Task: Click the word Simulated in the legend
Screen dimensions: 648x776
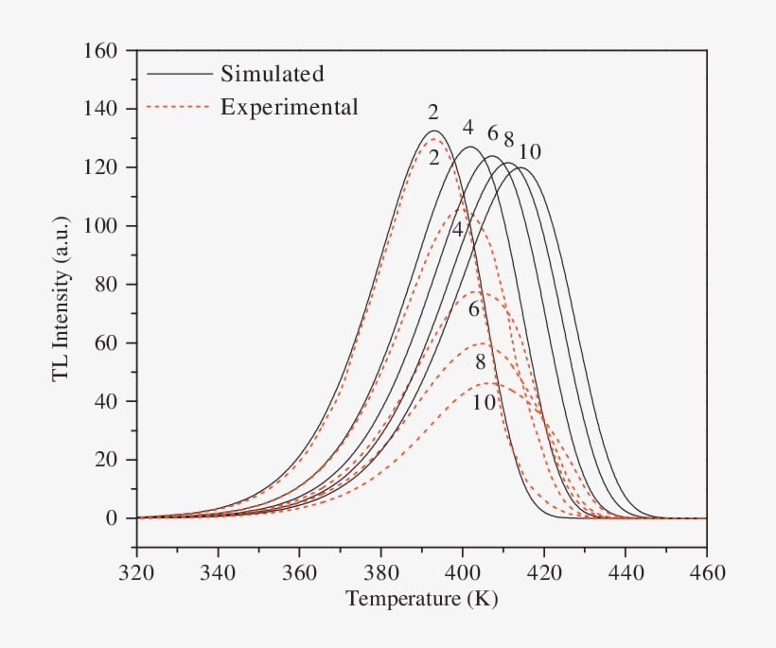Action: tap(272, 74)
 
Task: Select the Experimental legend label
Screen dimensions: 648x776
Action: tap(289, 107)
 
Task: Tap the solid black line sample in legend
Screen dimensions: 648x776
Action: tap(179, 74)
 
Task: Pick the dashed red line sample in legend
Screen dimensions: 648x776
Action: tap(179, 107)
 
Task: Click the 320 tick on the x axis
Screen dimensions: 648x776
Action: tap(136, 572)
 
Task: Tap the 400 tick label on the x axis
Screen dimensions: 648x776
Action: tap(463, 572)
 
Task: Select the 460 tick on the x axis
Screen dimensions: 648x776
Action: tap(707, 572)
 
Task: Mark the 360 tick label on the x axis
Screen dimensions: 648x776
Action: tap(299, 572)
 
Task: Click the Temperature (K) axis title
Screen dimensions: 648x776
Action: tap(421, 600)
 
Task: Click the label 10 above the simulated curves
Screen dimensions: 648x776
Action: tap(530, 151)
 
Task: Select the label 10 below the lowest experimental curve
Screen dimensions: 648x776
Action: tap(483, 402)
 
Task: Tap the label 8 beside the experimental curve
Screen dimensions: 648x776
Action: tap(481, 362)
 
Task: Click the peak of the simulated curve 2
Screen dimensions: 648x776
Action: tap(434, 131)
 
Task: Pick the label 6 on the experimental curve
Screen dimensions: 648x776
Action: tap(474, 308)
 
